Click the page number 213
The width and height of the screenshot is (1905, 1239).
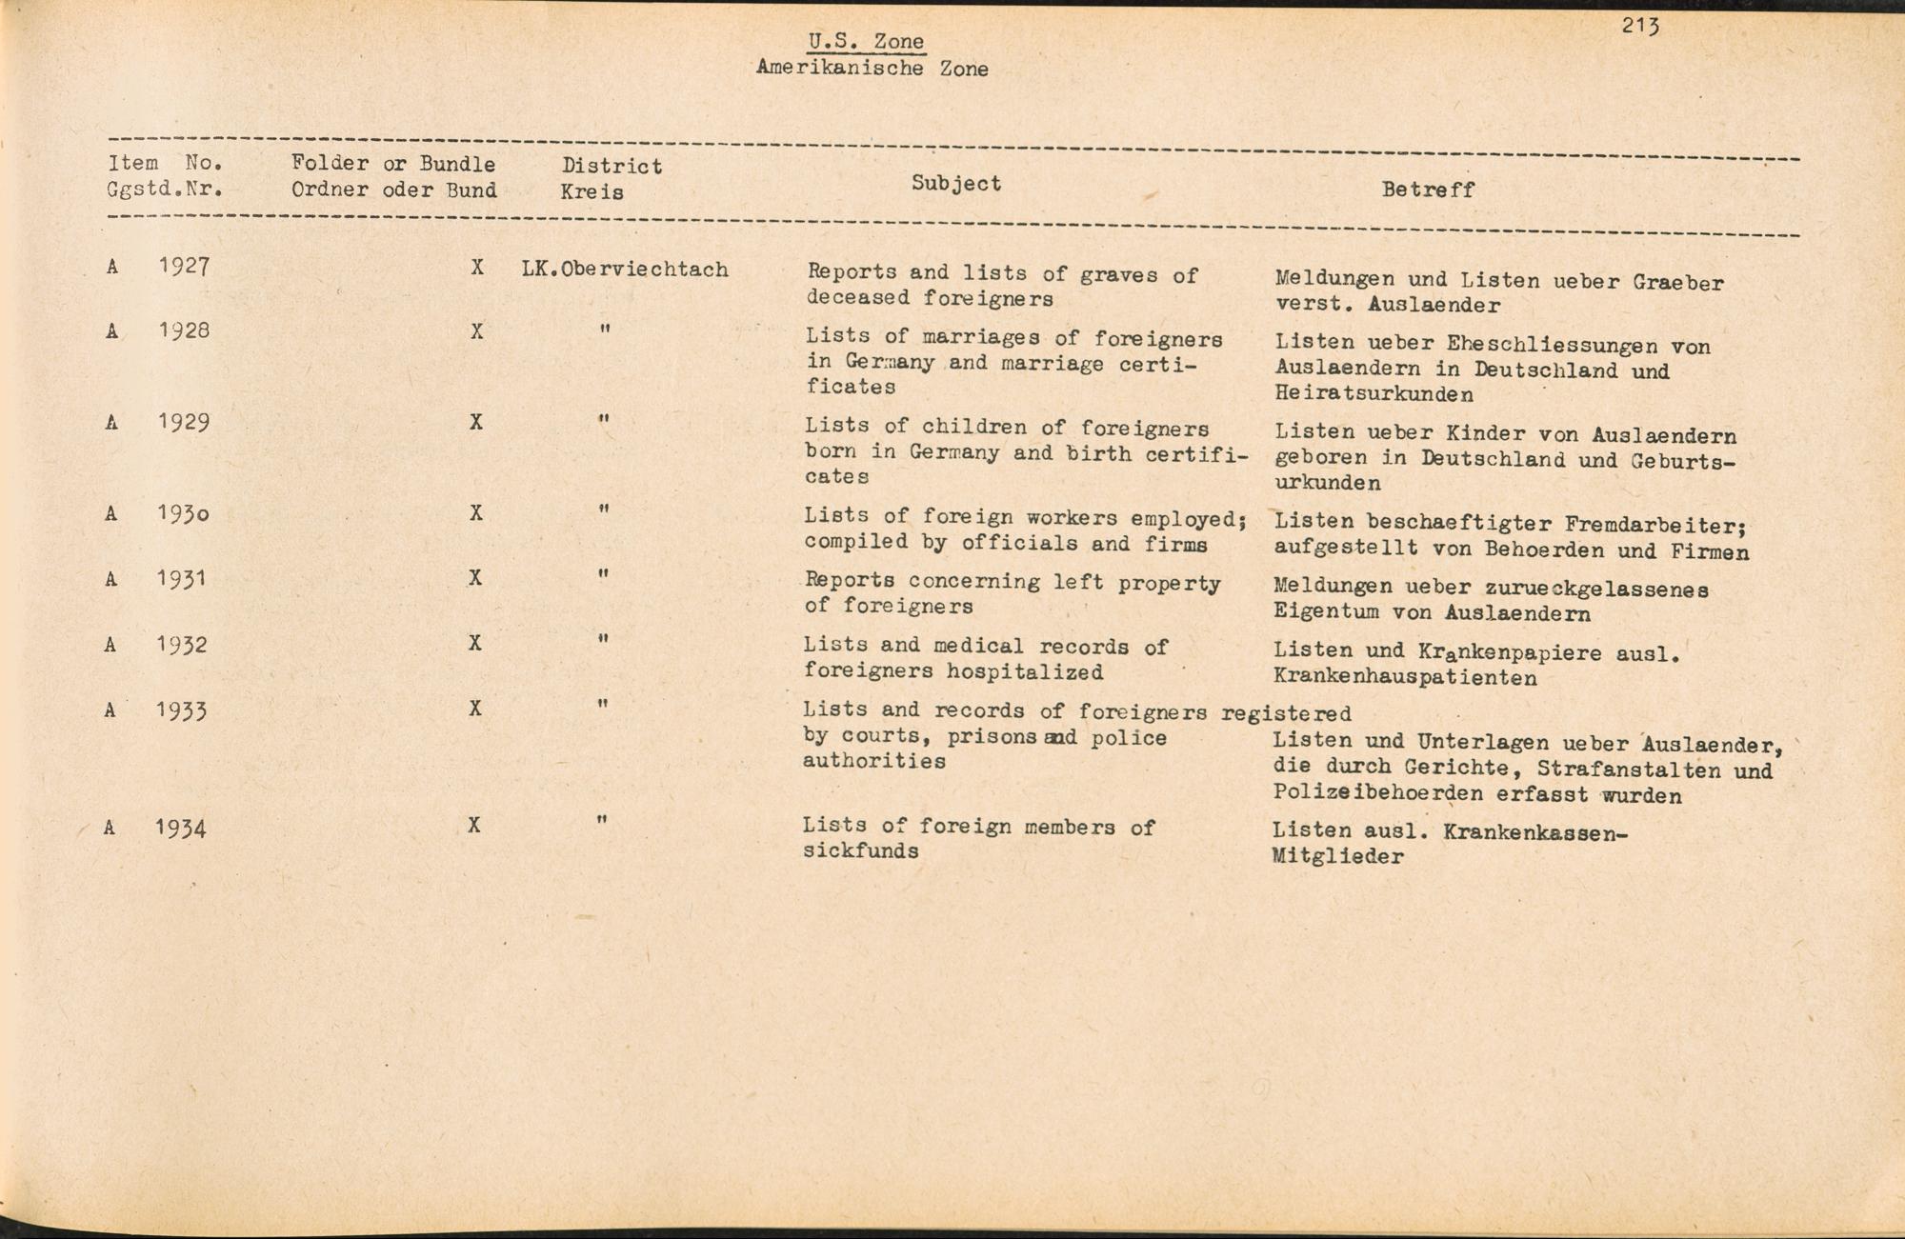[x=1640, y=26]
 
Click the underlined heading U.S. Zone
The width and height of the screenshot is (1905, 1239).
[x=866, y=41]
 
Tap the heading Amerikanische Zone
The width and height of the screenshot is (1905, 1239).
[x=872, y=69]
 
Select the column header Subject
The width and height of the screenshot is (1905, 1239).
[x=955, y=183]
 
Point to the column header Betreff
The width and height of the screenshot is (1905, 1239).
[x=1427, y=190]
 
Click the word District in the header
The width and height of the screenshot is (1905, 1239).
[x=612, y=166]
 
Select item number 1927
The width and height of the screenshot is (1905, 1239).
[x=184, y=266]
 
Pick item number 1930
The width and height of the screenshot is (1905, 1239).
[x=183, y=514]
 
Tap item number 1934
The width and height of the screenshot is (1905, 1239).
[x=181, y=829]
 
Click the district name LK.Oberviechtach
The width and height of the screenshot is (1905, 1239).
[x=625, y=270]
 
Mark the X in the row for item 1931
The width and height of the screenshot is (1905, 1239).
[x=475, y=578]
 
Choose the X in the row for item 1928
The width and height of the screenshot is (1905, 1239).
[x=476, y=331]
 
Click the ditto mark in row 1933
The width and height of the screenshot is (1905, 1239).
[x=602, y=706]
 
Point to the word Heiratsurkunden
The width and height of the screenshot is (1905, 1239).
[x=1374, y=393]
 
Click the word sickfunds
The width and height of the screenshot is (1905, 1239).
[x=860, y=850]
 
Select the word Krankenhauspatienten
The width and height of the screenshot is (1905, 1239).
[x=1404, y=678]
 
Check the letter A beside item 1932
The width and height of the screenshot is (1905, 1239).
[x=110, y=645]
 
